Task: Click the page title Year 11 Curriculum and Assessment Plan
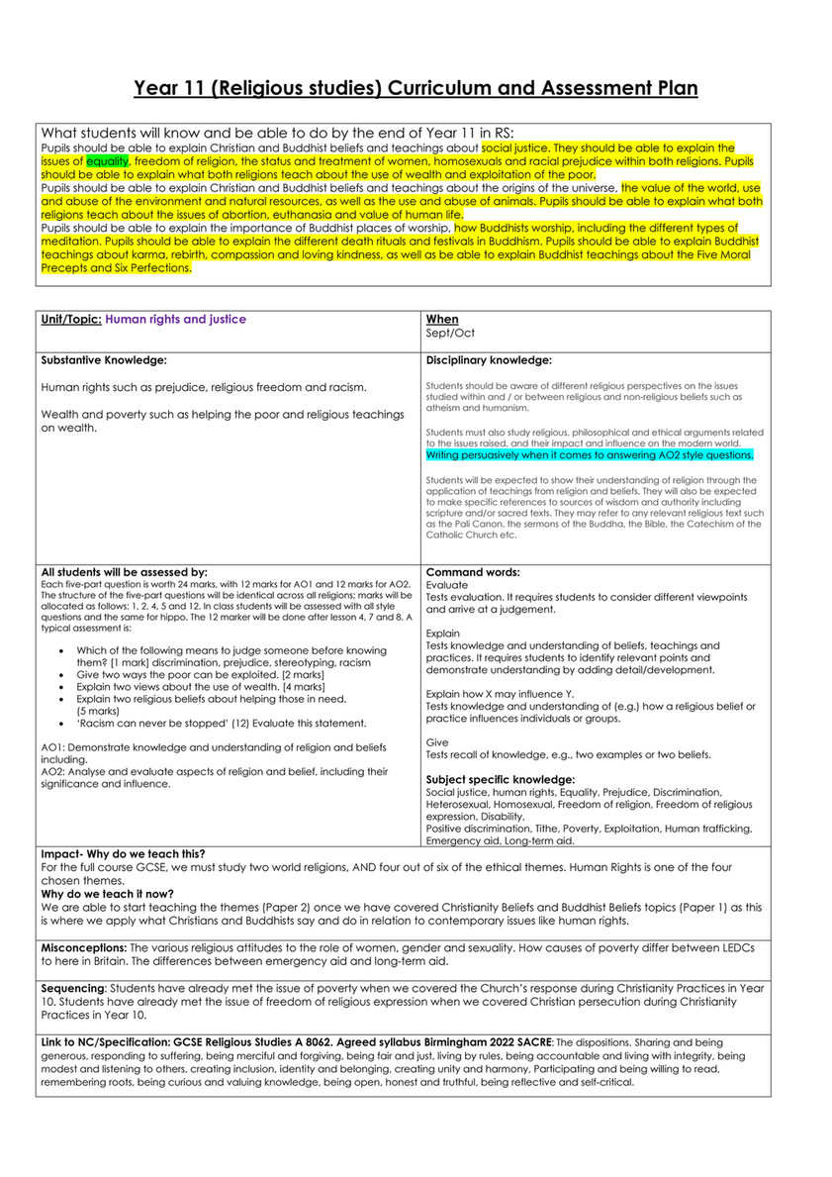(416, 88)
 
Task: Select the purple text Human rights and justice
(175, 320)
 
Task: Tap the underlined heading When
(442, 320)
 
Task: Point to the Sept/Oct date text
(450, 334)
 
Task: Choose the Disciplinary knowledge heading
(489, 359)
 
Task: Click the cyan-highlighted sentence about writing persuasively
(590, 455)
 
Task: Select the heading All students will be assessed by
(125, 571)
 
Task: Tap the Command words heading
(473, 571)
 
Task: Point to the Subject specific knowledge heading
(500, 779)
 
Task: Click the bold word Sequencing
(73, 988)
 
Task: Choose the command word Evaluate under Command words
(448, 585)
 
